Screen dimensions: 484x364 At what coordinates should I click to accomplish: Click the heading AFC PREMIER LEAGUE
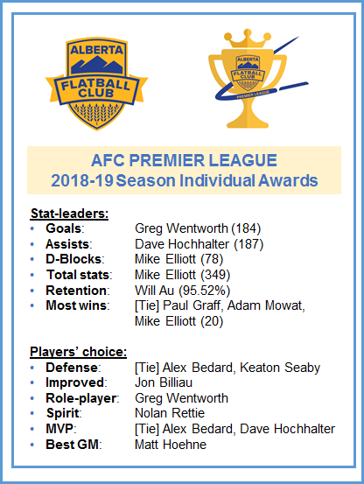(183, 161)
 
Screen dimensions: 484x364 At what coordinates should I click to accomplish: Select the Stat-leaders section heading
(69, 214)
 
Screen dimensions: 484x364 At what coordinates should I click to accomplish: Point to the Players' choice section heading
(78, 352)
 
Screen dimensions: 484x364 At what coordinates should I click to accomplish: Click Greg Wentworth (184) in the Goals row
(198, 229)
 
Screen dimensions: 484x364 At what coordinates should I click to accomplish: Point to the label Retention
(77, 290)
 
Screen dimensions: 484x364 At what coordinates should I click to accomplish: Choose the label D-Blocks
(75, 260)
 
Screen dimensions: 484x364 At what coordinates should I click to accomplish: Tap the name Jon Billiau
(165, 382)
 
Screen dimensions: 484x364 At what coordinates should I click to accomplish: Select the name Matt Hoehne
(171, 444)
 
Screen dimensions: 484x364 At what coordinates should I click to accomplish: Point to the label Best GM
(74, 444)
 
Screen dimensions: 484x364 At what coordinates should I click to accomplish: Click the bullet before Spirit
(33, 413)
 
